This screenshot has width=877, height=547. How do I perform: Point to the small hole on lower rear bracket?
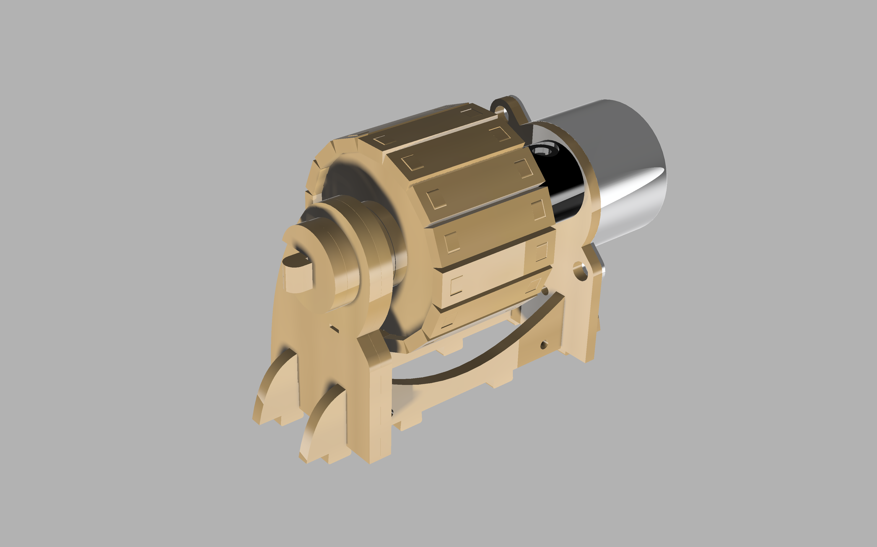[x=544, y=345]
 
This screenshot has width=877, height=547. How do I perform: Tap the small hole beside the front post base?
[x=391, y=412]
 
